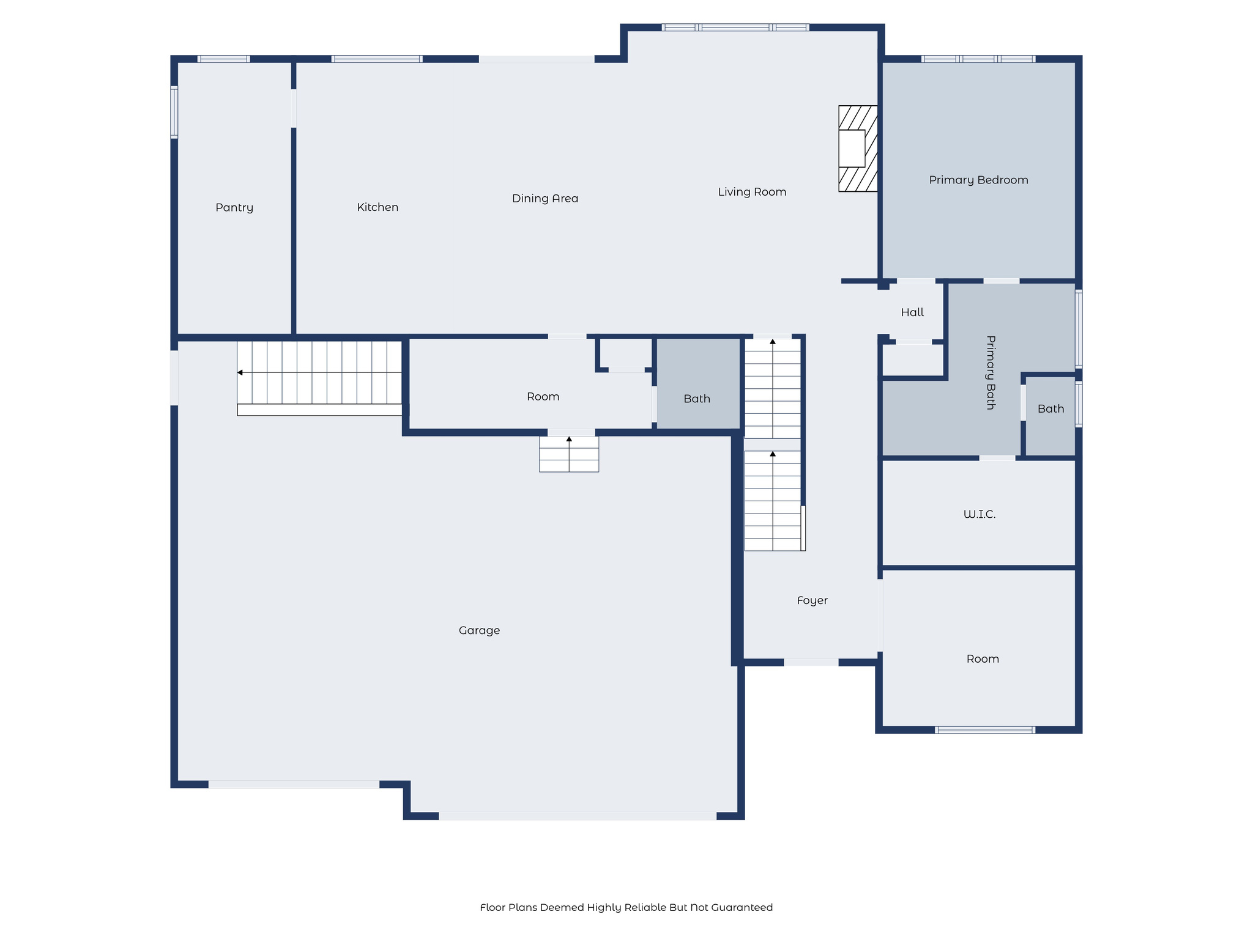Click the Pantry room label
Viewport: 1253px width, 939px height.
point(234,208)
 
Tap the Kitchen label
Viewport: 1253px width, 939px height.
point(377,207)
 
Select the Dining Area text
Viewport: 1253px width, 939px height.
point(545,199)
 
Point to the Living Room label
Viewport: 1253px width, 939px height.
point(752,192)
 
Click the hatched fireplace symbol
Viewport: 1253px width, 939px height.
point(858,149)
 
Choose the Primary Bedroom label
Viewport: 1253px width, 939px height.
point(978,180)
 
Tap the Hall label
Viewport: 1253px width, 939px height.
point(912,312)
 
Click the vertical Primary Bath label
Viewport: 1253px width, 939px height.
point(991,372)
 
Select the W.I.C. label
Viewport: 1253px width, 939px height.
point(980,515)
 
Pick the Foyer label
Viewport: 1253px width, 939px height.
point(812,600)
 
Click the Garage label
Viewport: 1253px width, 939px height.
point(479,630)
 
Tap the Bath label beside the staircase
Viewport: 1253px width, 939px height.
point(697,399)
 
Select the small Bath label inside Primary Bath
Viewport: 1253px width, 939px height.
point(1050,409)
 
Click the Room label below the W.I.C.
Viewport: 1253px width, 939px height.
point(983,659)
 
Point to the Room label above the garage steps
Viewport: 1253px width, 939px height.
point(543,397)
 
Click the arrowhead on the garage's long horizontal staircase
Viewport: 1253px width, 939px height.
point(240,372)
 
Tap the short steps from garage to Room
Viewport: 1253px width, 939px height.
point(569,454)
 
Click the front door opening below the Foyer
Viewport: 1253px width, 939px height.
point(811,662)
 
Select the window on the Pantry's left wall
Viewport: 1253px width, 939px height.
point(174,112)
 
